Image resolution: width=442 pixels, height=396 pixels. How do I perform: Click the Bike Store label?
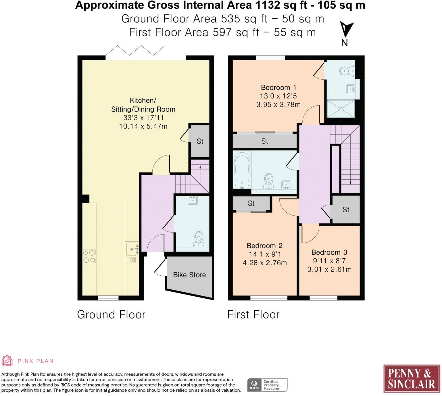coord(189,275)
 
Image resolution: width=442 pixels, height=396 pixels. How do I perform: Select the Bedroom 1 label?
coord(278,87)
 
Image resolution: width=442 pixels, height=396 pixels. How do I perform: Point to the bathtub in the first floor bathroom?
coord(242,170)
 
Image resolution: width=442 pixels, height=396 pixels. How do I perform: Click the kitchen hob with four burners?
coord(89,257)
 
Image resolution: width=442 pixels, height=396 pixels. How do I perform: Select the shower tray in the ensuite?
coord(341,108)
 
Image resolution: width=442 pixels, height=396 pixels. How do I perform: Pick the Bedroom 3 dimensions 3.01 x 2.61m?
coord(329,270)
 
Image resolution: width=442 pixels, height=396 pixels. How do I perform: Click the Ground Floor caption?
coord(111,315)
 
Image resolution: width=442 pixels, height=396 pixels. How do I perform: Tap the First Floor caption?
coord(253,315)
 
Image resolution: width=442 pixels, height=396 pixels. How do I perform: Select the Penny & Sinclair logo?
coord(412,378)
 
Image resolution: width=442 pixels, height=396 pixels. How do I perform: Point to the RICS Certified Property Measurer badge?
coord(267,385)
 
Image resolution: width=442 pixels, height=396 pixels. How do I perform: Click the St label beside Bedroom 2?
coord(251,203)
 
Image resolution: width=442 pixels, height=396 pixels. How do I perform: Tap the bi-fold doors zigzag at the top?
coord(135,50)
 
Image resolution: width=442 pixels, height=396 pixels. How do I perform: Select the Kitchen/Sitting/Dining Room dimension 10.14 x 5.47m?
coord(143,126)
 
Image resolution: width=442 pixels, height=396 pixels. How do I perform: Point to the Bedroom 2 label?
coord(265,246)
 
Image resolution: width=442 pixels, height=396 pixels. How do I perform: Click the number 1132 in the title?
coord(268,5)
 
